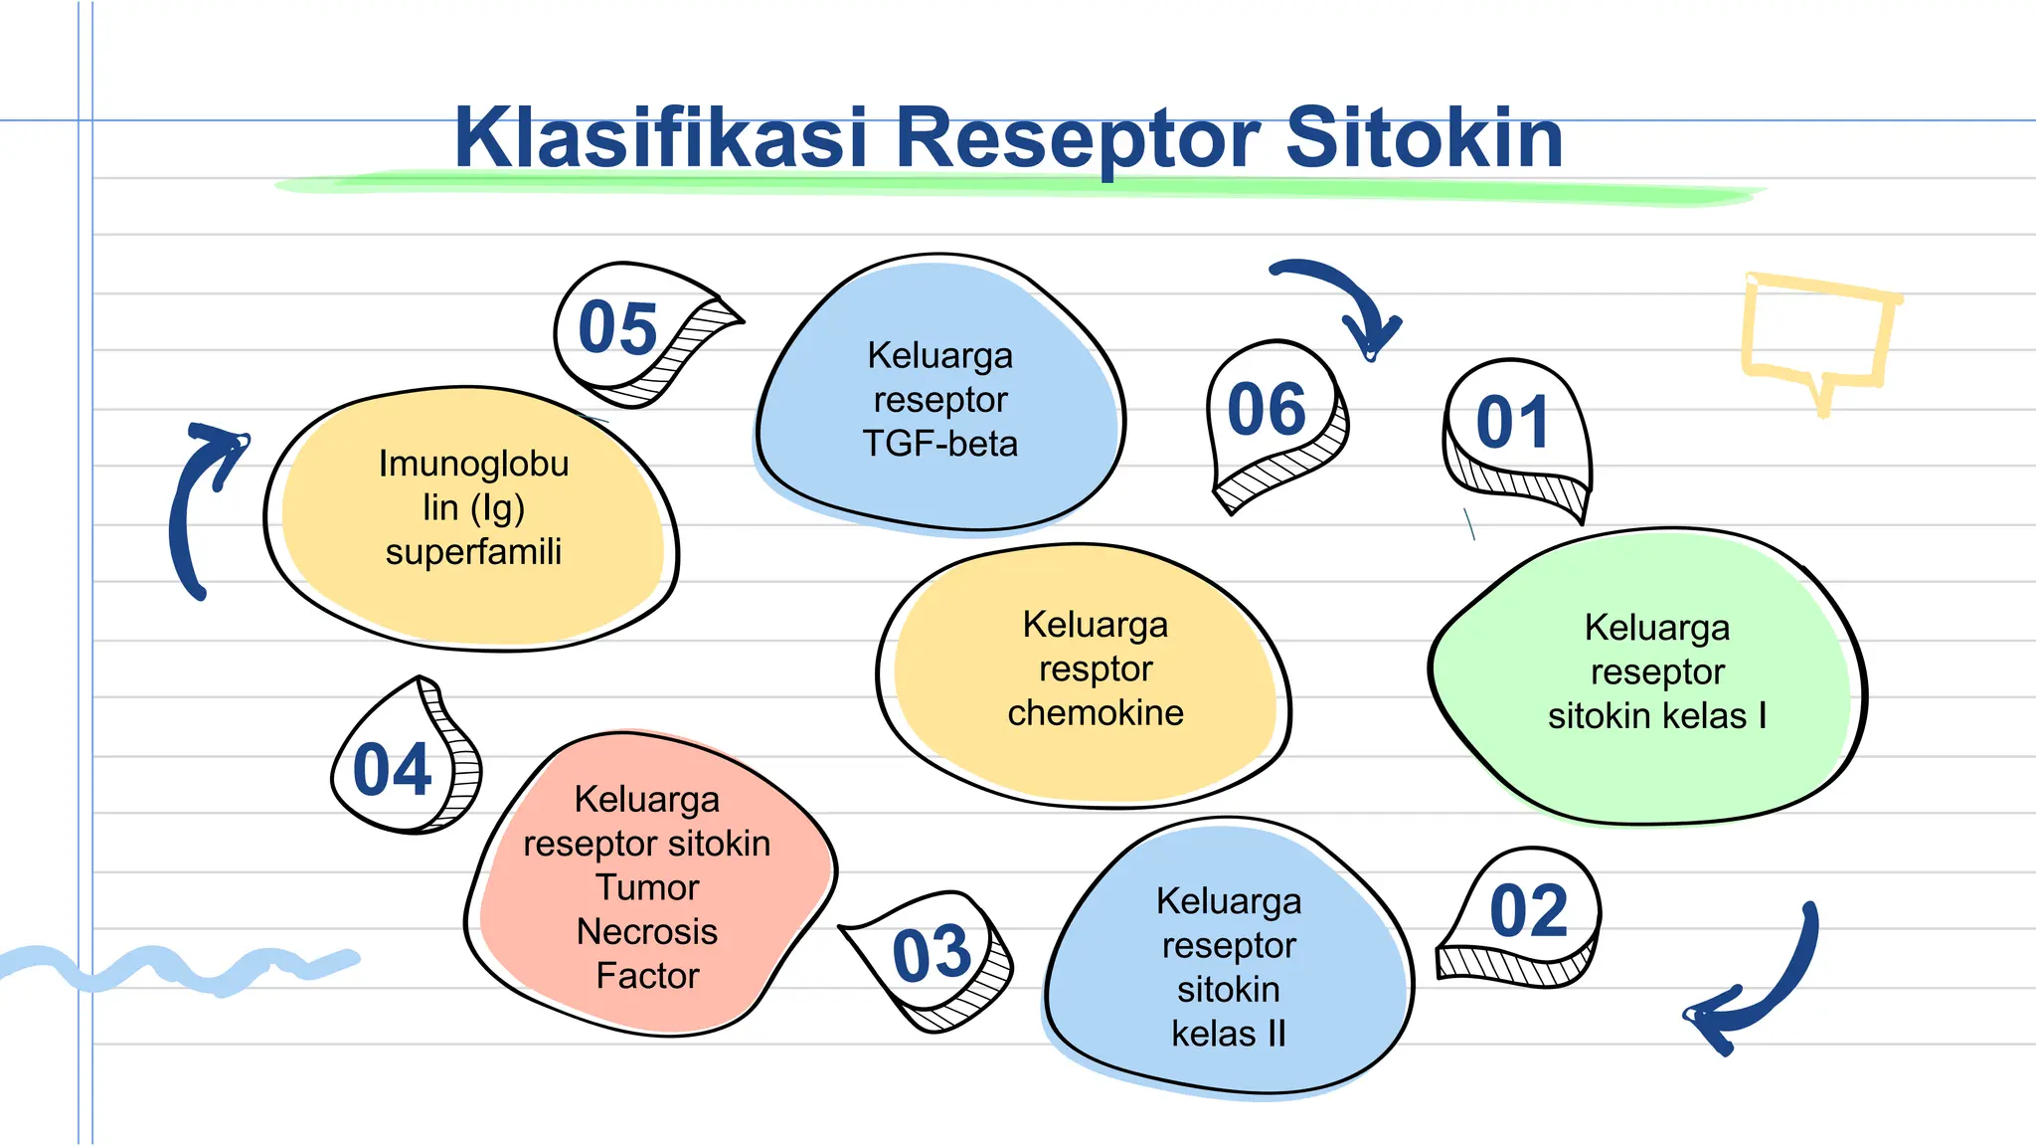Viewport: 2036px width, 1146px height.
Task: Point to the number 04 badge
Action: pyautogui.click(x=394, y=770)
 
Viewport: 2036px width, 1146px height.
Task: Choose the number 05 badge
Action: pyautogui.click(x=618, y=328)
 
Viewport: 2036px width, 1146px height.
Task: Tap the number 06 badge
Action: pyautogui.click(x=1267, y=410)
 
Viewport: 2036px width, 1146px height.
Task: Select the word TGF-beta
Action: pyautogui.click(x=939, y=444)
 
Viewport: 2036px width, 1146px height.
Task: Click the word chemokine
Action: pyautogui.click(x=1095, y=713)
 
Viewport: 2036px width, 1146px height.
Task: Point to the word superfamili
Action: pyautogui.click(x=473, y=552)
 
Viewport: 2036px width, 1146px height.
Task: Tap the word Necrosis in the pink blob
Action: pyautogui.click(x=646, y=932)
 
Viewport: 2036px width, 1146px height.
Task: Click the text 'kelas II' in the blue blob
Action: pyautogui.click(x=1228, y=1034)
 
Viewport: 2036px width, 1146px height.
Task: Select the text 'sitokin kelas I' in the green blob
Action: pyautogui.click(x=1656, y=716)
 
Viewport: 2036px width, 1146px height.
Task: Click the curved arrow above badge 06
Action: pyautogui.click(x=1342, y=298)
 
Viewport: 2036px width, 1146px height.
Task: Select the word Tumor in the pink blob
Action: pyautogui.click(x=646, y=887)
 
